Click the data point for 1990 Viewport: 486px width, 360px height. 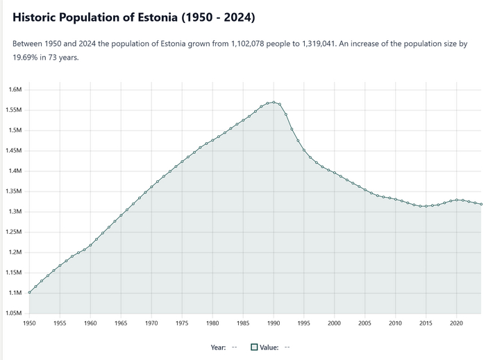pos(274,102)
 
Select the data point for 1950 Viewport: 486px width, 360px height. pos(29,292)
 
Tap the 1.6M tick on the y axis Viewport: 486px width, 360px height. pos(15,89)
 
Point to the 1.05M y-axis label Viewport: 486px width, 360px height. pos(14,313)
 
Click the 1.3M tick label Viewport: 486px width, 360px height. pos(15,212)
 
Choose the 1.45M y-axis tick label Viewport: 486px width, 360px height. pos(14,151)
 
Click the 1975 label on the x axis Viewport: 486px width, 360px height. pos(182,323)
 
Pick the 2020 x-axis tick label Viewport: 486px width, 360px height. pos(456,323)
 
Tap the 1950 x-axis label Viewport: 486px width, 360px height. pos(29,323)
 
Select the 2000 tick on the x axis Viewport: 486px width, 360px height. pos(335,323)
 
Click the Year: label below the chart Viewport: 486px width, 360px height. pos(218,348)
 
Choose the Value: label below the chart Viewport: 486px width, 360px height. pos(269,348)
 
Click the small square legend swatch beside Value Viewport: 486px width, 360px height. pos(255,348)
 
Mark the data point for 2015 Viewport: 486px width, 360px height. pos(426,206)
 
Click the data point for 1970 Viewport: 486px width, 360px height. pos(151,186)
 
